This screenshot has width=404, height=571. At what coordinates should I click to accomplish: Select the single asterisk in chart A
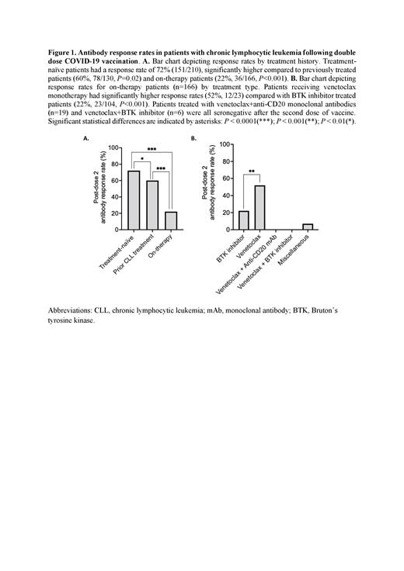coord(143,161)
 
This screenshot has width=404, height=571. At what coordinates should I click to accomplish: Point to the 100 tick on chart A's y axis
coord(113,147)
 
